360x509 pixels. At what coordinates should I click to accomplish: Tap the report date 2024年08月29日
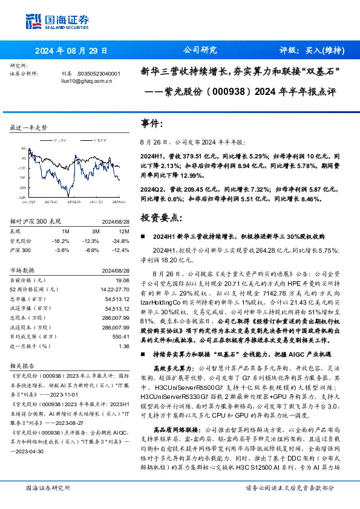70,51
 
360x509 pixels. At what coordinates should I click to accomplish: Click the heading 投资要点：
160,216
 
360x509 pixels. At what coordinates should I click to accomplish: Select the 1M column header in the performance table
65,230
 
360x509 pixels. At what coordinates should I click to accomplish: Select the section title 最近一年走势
29,128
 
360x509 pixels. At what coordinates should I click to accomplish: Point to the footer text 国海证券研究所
47,487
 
